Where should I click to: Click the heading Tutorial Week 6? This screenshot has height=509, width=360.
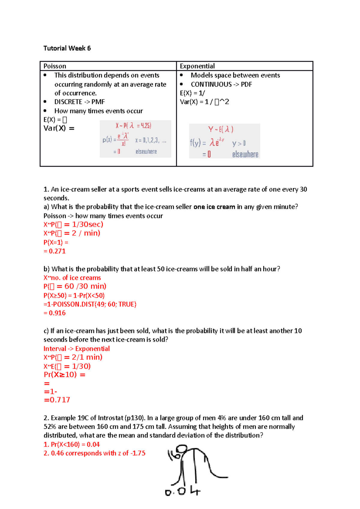67,48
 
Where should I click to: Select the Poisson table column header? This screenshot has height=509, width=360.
55,66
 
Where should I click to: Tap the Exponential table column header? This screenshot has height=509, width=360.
197,66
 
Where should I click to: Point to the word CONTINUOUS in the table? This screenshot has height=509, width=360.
211,84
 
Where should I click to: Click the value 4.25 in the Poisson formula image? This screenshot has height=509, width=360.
146,126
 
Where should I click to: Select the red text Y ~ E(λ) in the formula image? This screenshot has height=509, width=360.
221,129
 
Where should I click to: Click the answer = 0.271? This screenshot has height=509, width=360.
55,251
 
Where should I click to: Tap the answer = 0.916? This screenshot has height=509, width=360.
55,313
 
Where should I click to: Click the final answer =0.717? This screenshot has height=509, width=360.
57,400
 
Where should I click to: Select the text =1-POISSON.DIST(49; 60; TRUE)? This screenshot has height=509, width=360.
90,304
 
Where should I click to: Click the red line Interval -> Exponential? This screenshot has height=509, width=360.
76,349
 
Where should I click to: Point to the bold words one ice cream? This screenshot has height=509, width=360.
214,207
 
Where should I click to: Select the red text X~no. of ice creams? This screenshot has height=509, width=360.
72,278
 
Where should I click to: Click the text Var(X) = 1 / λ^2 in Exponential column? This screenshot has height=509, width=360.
204,102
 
